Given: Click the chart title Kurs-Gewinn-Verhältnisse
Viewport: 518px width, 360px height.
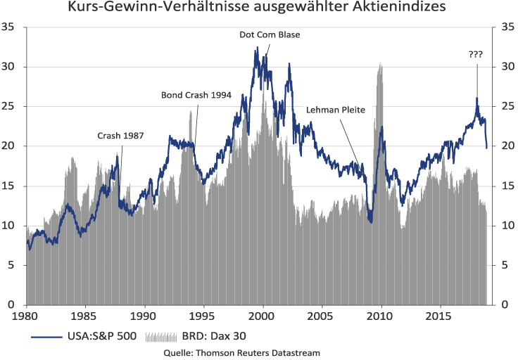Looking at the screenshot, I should (258, 10).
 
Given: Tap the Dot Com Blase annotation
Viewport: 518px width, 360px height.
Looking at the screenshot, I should (265, 34).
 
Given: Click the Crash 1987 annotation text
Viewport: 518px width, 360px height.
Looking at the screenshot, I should (120, 135).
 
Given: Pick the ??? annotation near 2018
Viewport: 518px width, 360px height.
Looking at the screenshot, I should (476, 54).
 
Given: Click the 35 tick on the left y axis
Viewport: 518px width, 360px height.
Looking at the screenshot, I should (13, 27).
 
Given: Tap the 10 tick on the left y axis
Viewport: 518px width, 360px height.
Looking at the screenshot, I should (13, 226).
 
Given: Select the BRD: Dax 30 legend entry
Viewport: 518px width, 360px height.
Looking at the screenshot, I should (200, 336).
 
